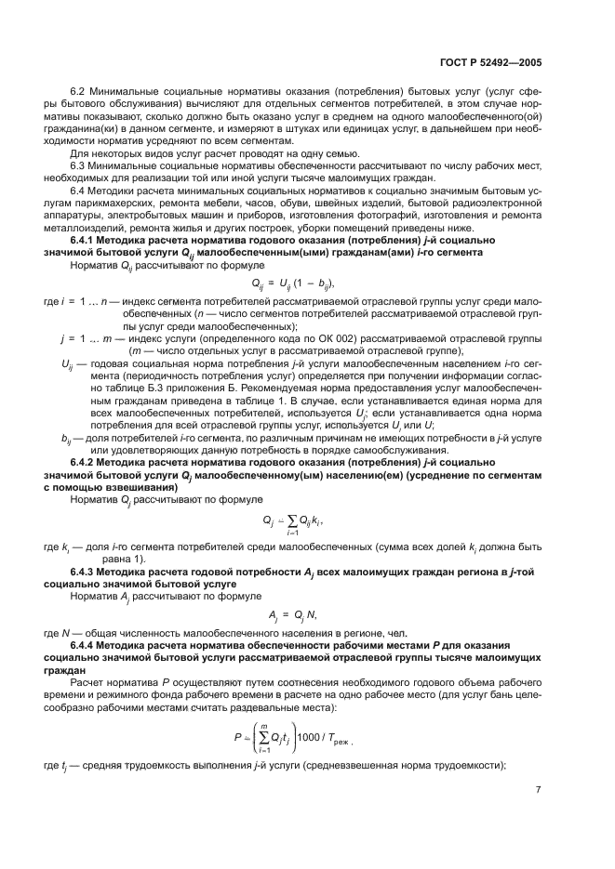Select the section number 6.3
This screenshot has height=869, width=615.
coord(79,165)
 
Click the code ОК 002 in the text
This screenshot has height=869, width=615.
coord(339,340)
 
